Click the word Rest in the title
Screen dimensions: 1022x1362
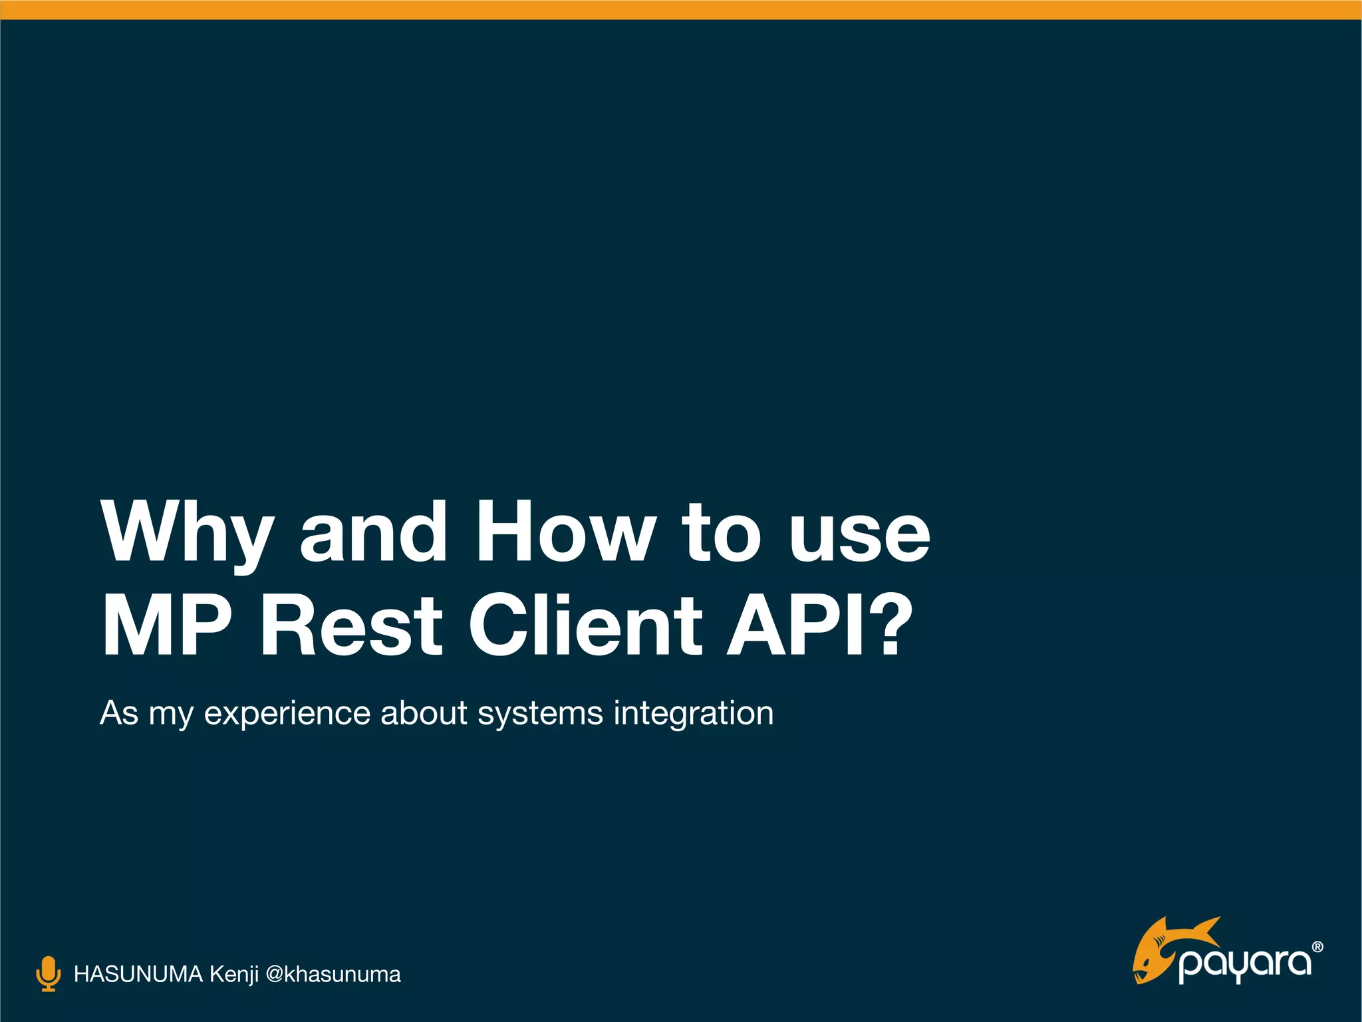[351, 625]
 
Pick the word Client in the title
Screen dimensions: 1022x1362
[585, 625]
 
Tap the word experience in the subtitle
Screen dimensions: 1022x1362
[287, 714]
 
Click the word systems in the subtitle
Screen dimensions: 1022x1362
[540, 714]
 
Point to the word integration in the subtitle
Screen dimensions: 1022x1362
[693, 714]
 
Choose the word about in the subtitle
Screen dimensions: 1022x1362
[424, 714]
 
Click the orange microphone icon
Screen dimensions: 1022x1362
[48, 974]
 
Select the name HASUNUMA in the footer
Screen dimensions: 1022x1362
[138, 975]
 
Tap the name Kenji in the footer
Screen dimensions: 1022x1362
[234, 975]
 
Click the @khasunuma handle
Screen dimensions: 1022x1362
[333, 975]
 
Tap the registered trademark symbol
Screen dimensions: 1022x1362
[1317, 947]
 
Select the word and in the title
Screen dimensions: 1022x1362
[374, 532]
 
